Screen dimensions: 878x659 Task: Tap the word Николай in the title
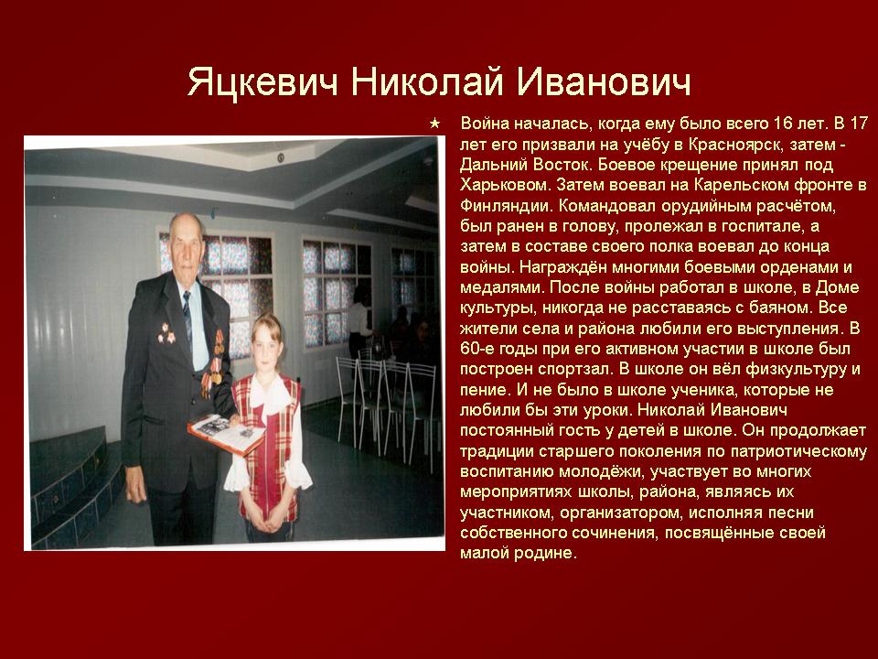(427, 81)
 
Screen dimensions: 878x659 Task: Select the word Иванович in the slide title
(603, 81)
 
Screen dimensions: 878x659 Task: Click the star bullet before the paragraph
(434, 124)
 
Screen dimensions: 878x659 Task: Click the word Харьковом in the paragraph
(506, 186)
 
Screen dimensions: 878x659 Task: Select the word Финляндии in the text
(506, 206)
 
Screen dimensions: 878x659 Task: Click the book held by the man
(225, 434)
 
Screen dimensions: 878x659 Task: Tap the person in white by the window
(359, 323)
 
